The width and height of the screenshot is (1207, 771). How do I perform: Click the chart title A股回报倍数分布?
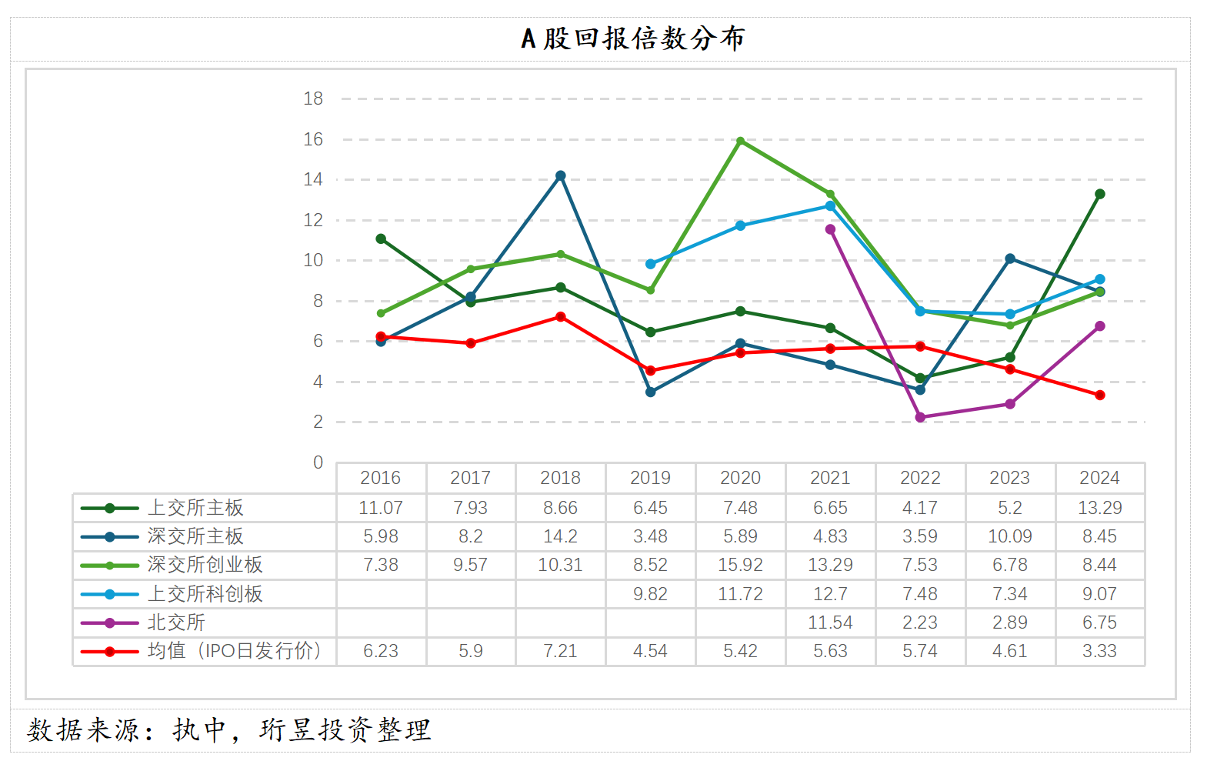[632, 38]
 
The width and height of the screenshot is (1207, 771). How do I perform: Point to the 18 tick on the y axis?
[313, 98]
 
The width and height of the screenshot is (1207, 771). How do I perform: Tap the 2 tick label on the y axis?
[318, 422]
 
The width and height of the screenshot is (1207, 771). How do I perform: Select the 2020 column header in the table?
[740, 478]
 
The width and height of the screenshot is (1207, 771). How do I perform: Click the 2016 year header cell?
[381, 478]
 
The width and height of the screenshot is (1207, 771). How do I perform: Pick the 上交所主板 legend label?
[195, 508]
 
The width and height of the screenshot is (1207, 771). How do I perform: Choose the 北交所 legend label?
[176, 622]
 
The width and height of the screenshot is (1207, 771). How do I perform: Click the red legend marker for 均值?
[110, 652]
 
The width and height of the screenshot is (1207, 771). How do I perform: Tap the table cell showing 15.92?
[740, 565]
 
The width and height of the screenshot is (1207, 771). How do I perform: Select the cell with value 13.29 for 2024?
[1099, 508]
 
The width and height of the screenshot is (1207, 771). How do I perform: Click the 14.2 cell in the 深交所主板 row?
[560, 536]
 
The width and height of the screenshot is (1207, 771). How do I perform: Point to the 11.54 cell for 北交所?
[830, 622]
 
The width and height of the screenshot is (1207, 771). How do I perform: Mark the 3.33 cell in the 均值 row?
[1099, 651]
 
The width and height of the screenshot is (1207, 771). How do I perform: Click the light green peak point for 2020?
[740, 141]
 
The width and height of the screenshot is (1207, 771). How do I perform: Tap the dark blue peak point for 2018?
[561, 175]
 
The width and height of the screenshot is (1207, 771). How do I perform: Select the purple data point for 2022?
[920, 417]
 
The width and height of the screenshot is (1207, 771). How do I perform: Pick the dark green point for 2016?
[381, 239]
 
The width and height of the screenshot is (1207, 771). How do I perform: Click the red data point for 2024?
[1100, 395]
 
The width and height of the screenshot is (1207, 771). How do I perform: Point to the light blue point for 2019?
[651, 264]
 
